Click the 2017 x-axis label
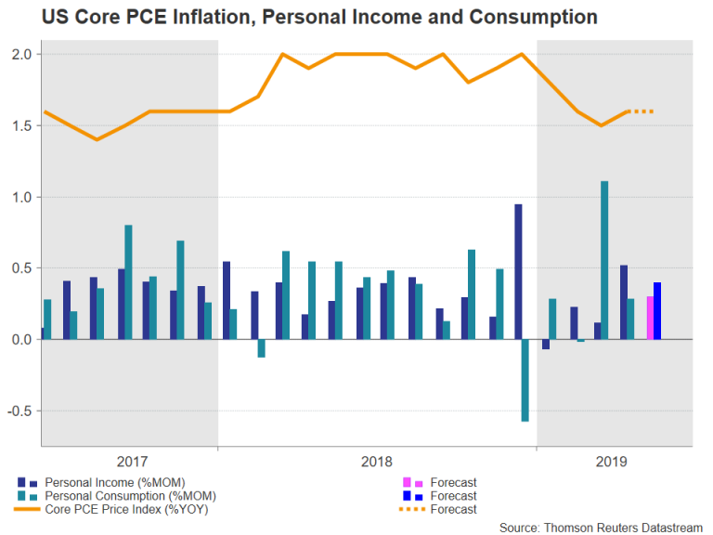(133, 461)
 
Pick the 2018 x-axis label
(376, 461)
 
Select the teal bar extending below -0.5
(525, 381)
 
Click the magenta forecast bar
(650, 318)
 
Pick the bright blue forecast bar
(657, 310)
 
